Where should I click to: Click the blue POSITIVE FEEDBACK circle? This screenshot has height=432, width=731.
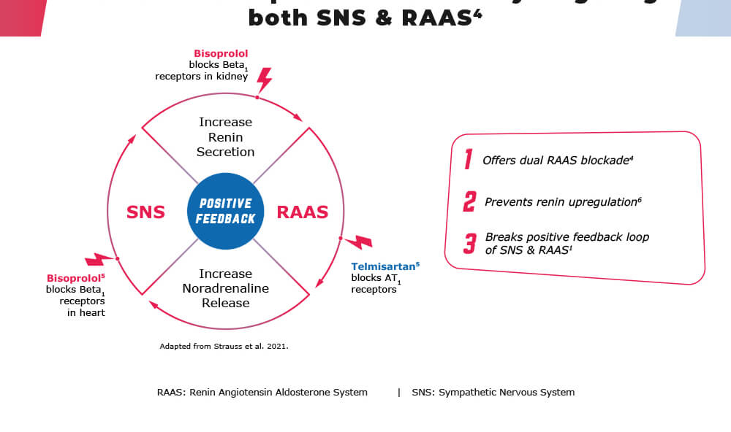(x=225, y=211)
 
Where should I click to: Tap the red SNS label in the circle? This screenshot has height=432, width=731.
(x=145, y=212)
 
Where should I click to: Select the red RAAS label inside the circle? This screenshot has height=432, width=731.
(x=302, y=212)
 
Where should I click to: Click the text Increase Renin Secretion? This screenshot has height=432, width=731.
(x=225, y=137)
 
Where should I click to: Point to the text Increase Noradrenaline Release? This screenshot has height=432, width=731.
(x=225, y=288)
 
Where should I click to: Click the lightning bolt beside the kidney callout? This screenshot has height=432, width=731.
(x=264, y=79)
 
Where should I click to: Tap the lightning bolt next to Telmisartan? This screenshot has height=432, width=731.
(x=358, y=242)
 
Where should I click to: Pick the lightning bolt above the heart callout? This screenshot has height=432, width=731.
(x=99, y=259)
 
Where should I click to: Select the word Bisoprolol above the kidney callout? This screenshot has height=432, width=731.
(x=221, y=53)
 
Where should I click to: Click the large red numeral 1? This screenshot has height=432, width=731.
(x=468, y=160)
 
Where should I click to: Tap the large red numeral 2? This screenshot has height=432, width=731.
(x=469, y=201)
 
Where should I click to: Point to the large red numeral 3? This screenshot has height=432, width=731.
(x=469, y=244)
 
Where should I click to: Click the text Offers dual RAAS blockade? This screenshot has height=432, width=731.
(x=556, y=161)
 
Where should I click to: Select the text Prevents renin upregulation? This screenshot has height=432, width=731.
(x=561, y=202)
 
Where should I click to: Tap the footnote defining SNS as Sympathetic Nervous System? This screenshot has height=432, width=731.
(x=493, y=393)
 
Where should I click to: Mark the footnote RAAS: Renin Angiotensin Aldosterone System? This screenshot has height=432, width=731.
(x=262, y=393)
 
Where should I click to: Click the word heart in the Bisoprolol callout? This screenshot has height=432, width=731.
(x=93, y=313)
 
